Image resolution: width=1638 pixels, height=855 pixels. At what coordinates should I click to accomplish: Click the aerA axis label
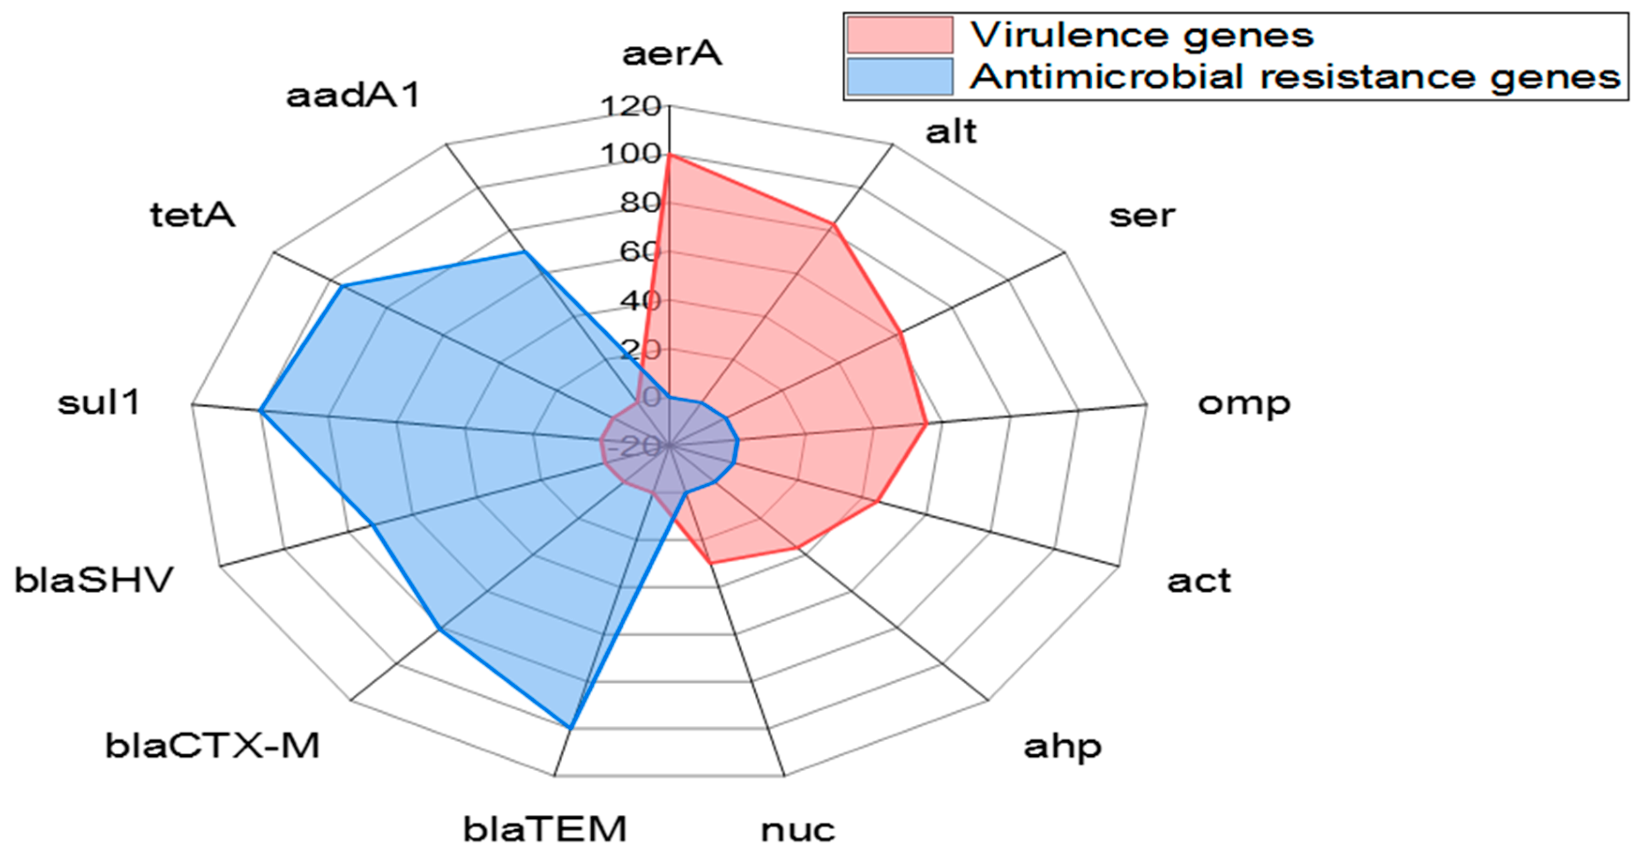tap(671, 53)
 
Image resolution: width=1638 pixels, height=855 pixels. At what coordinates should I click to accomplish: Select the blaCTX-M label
tap(212, 746)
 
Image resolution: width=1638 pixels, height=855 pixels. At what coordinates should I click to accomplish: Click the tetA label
tap(192, 215)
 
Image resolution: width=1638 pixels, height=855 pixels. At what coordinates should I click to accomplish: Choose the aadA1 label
tap(354, 96)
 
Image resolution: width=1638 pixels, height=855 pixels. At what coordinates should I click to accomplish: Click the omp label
tap(1244, 403)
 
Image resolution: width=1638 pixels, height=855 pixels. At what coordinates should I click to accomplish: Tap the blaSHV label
tap(94, 580)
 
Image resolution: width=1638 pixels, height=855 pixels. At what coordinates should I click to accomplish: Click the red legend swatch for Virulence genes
tap(899, 35)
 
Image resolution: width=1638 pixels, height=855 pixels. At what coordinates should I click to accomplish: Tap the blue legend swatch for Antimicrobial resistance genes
tap(899, 77)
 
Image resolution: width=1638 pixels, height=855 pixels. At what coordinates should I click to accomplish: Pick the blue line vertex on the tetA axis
tap(342, 287)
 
